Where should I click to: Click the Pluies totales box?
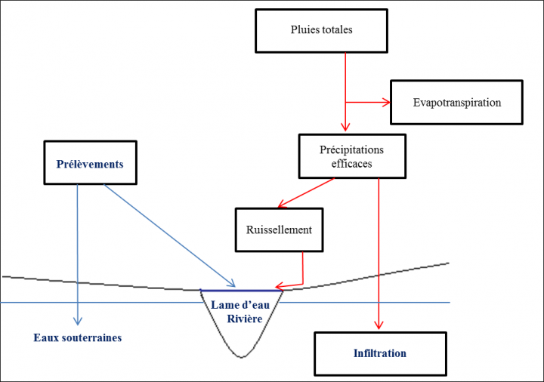(x=321, y=30)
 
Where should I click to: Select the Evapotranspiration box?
(x=456, y=102)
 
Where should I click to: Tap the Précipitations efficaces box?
(x=351, y=156)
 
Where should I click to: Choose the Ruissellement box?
(x=279, y=230)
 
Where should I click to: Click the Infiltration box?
(x=379, y=353)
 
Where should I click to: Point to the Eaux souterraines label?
(x=77, y=337)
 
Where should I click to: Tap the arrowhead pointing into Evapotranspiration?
(x=385, y=103)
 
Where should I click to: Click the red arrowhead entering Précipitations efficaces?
(x=345, y=128)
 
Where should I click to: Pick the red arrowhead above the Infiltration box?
(x=379, y=325)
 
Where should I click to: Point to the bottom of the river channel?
(x=242, y=356)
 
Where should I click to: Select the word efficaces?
(x=351, y=163)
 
